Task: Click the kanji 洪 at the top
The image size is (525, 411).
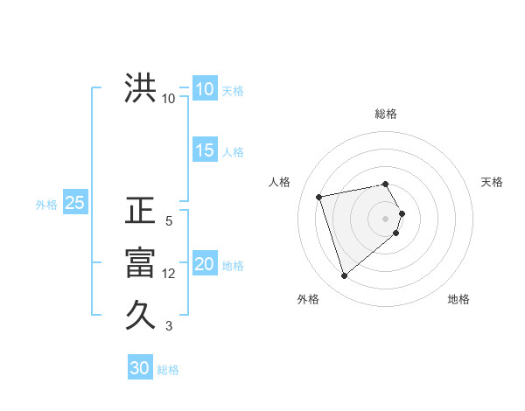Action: (x=140, y=89)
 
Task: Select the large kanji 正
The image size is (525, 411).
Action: (x=140, y=212)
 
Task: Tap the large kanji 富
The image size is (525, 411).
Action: (x=140, y=263)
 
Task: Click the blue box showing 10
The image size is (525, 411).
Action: (x=204, y=89)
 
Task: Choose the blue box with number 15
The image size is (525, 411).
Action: (x=204, y=150)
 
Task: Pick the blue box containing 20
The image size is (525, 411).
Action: (x=204, y=264)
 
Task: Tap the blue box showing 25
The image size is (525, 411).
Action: (x=74, y=204)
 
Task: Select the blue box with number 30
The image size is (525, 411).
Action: (x=139, y=368)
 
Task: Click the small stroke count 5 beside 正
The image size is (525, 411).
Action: (x=169, y=221)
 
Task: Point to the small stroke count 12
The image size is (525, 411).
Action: (x=169, y=274)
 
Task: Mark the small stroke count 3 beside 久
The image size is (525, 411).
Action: (x=169, y=326)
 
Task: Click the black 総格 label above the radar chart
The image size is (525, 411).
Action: (x=386, y=114)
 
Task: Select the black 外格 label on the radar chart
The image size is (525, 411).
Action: (x=308, y=299)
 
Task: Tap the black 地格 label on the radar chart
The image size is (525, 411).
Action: (x=458, y=299)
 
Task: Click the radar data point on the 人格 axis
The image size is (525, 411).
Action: (x=319, y=196)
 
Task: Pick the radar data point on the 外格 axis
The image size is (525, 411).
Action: (x=344, y=275)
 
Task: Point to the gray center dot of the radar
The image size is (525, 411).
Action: (x=386, y=218)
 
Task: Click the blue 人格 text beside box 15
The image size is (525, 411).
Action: (x=233, y=152)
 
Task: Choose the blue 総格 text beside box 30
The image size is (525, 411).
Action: (x=168, y=370)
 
